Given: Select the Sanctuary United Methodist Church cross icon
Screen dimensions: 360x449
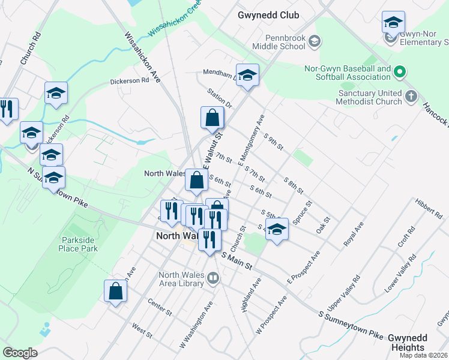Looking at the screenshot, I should (x=411, y=97).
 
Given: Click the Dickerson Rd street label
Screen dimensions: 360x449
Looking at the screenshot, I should (x=129, y=80).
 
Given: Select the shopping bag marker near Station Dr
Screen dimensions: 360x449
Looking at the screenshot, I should (x=212, y=117).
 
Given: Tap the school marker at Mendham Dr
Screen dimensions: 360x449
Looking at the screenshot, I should (x=247, y=75).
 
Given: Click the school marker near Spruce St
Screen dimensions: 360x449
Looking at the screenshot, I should (x=277, y=230).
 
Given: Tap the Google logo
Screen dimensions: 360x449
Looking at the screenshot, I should (x=20, y=353).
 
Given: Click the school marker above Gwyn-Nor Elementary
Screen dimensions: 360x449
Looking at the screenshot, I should (x=393, y=23).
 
